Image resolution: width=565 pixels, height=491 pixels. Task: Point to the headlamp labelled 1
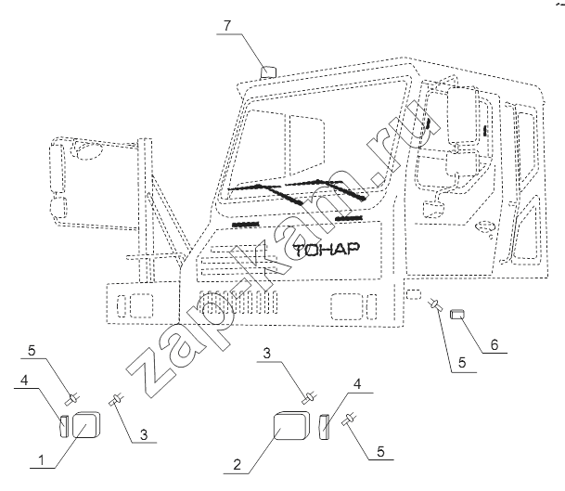pyautogui.click(x=86, y=424)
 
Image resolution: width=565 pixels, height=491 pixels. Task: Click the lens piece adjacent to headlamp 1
pyautogui.click(x=63, y=426)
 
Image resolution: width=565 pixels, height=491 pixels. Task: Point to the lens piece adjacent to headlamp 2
pyautogui.click(x=324, y=429)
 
